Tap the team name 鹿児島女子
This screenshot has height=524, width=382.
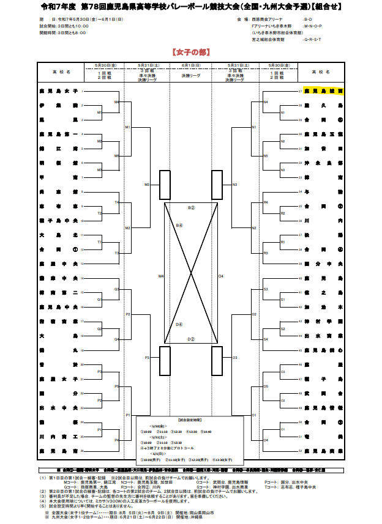tap(58, 91)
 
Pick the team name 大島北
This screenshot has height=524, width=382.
tap(58, 235)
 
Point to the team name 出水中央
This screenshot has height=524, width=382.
tap(58, 407)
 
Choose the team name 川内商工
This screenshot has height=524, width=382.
tap(58, 436)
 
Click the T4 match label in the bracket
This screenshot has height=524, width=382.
tap(116, 202)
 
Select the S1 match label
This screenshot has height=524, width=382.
tap(282, 300)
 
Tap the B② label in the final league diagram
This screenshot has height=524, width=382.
tap(190, 208)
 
